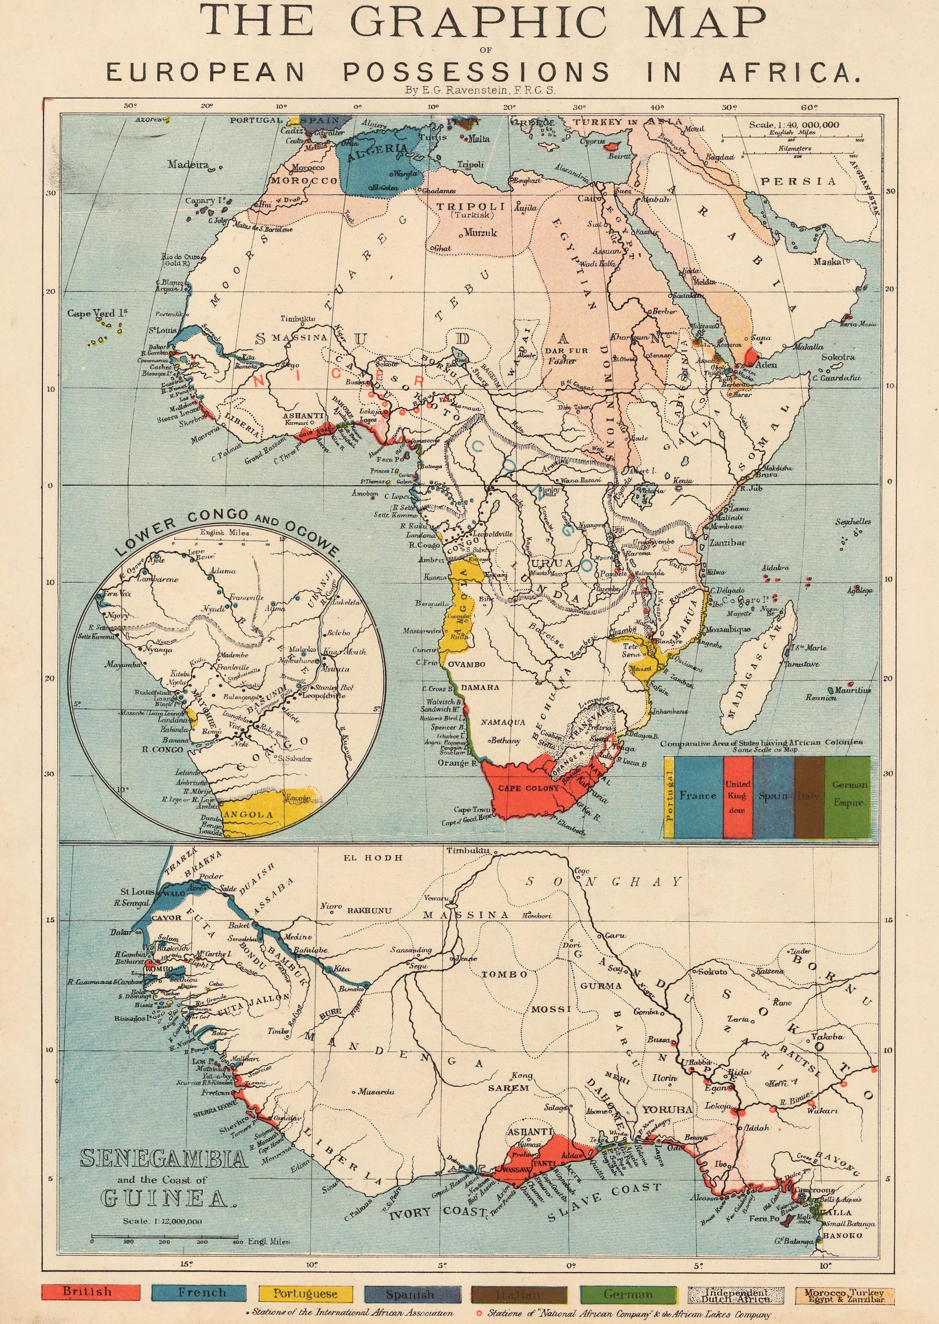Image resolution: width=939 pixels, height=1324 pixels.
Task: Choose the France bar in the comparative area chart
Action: (698, 796)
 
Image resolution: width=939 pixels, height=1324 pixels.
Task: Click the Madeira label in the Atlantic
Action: (188, 164)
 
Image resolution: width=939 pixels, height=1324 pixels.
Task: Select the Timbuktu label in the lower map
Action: (468, 850)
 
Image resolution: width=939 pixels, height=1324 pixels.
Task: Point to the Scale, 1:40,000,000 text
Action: (793, 124)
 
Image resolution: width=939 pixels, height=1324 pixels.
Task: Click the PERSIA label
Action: (798, 181)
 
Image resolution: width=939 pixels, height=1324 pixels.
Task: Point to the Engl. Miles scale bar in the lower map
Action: (164, 1237)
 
